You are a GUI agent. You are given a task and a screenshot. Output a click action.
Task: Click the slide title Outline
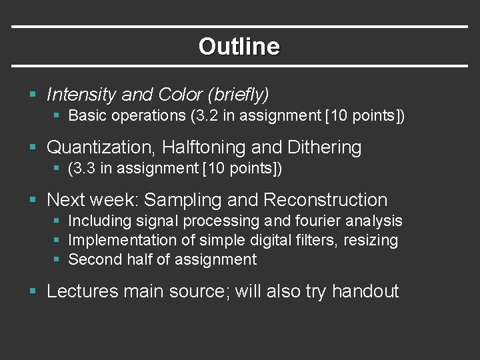point(239,47)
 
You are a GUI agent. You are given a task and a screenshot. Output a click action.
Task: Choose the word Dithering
point(324,147)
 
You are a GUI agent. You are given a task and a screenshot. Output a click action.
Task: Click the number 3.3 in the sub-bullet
point(84,169)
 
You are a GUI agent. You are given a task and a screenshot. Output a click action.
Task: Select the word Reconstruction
point(325,200)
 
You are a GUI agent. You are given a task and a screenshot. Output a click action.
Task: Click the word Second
point(93,259)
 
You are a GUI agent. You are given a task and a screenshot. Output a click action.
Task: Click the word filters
point(316,240)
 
